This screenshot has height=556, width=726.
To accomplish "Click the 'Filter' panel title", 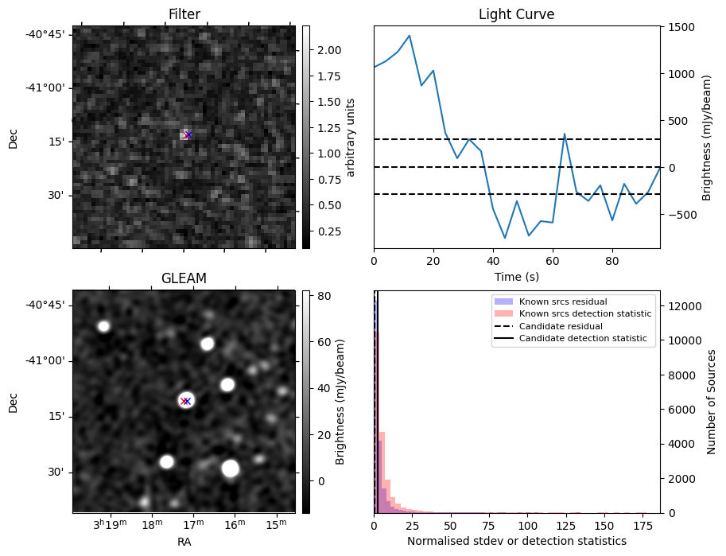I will point(184,14).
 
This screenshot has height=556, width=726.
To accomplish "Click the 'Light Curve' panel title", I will point(516,14).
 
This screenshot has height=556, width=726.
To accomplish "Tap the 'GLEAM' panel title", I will point(184,278).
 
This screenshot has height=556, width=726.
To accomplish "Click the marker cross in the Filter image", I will point(187,135).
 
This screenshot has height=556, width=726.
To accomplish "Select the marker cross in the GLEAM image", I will point(185,401).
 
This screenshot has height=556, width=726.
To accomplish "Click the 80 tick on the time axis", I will point(612,259).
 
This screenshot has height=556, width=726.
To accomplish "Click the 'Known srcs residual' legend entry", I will point(563,302).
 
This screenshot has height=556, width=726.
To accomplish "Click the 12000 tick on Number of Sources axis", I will point(685,306).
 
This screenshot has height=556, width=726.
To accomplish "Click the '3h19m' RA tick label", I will point(110,525).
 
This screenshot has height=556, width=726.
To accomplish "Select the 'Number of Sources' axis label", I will point(712,402).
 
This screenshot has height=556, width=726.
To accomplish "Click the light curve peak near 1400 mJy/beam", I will point(410,36).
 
